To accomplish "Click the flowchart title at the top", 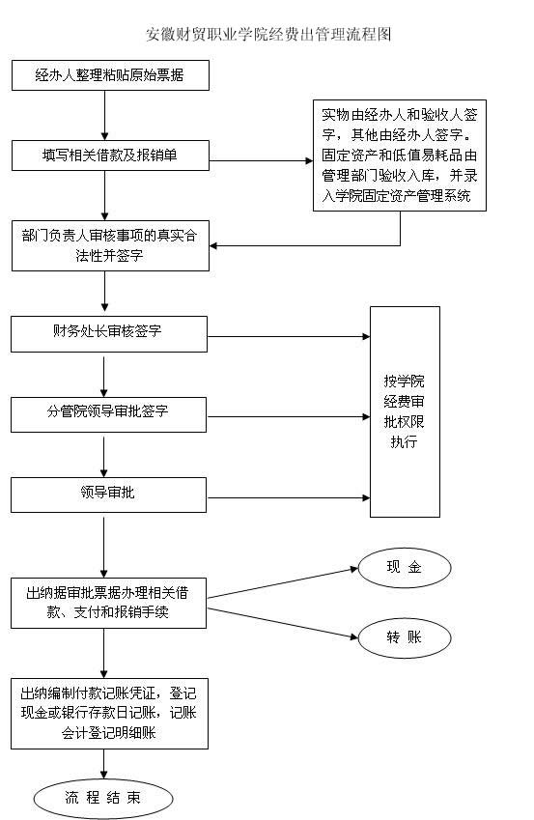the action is [x=268, y=35].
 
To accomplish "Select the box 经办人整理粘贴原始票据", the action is [x=110, y=75].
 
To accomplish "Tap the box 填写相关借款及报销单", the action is [x=110, y=156].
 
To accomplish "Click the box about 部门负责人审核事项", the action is [x=110, y=245].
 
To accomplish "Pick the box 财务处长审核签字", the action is [x=109, y=333].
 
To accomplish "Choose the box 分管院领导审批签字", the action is [x=108, y=414].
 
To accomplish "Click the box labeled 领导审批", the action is [x=108, y=495].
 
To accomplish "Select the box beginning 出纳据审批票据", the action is [x=108, y=603].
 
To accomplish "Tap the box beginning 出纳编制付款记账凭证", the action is [x=109, y=714].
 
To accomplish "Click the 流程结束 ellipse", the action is [x=103, y=798].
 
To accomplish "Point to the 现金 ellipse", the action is [x=405, y=567].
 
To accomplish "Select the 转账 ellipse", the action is [x=405, y=638].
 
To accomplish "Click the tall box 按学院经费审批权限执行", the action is [x=405, y=411].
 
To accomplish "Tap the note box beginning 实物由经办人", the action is [x=400, y=156].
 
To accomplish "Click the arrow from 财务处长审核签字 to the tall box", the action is [x=289, y=336].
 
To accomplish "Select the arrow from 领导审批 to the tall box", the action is [x=289, y=497].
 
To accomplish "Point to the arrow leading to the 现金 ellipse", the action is [x=283, y=583].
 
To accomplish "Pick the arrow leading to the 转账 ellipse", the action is [x=283, y=623].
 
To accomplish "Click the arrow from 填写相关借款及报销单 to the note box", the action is [x=262, y=160].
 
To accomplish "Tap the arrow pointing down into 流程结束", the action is [x=104, y=764].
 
